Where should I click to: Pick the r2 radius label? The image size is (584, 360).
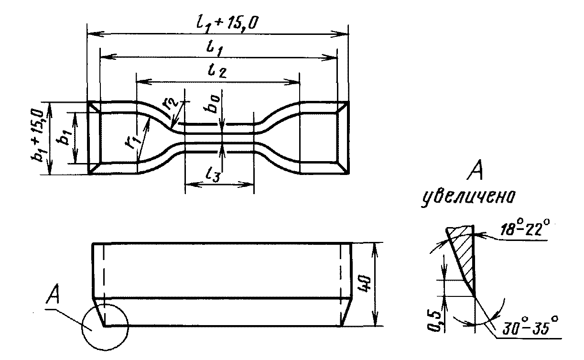click(x=170, y=103)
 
